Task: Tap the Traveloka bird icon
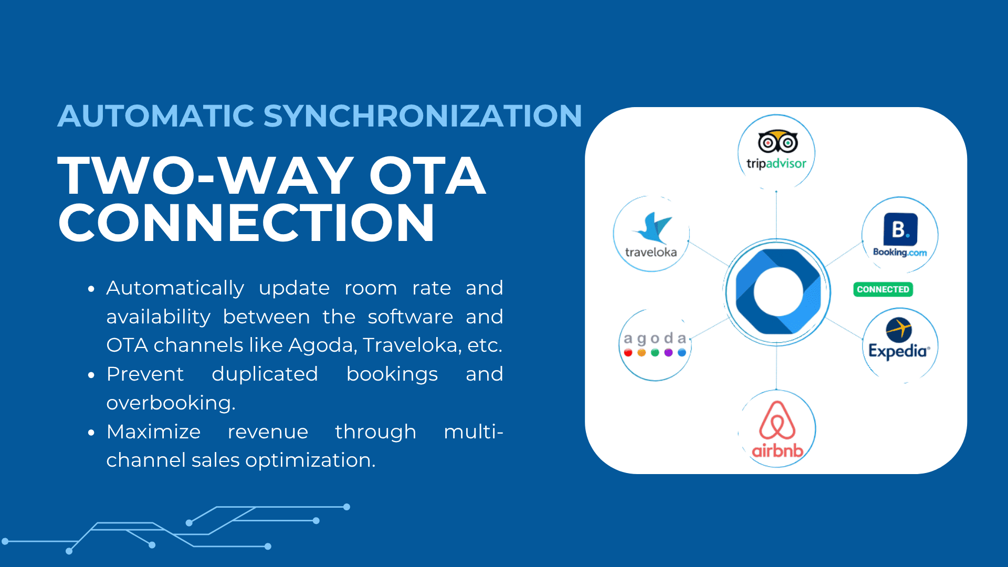pos(652,228)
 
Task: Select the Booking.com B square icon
pos(900,229)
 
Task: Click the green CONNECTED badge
pos(883,289)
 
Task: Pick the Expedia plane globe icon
pos(899,330)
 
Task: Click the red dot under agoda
pos(628,353)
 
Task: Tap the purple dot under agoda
pos(668,353)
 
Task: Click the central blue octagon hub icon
pos(778,292)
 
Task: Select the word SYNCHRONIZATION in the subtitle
pos(423,115)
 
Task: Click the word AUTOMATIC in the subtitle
pos(156,115)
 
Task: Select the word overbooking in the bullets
pos(171,403)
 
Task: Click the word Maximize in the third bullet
pos(153,432)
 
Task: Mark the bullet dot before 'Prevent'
pos(91,375)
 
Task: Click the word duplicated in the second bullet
pos(265,374)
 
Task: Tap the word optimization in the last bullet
pos(310,460)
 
